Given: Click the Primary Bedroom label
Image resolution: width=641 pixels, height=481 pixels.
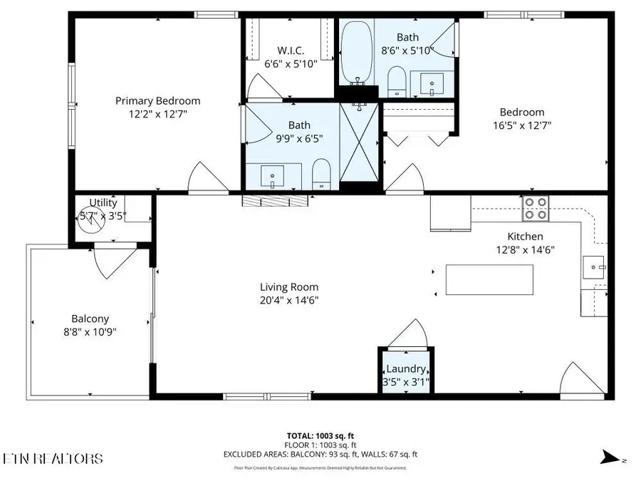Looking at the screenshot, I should (157, 101).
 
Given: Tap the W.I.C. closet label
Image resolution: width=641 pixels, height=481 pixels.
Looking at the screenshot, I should (291, 51).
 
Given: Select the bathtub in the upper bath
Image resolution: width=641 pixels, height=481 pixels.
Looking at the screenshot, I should (354, 52).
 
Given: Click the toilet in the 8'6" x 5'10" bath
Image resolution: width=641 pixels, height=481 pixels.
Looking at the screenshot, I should (397, 81).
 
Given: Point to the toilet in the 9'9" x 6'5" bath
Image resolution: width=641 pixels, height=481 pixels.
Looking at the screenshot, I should (322, 173).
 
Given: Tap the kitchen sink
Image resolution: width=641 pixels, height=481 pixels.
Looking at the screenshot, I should (594, 268).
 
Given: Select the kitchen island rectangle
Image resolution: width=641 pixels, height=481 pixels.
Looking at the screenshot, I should (489, 279).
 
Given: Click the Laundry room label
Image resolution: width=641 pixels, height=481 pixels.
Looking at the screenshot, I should (406, 369).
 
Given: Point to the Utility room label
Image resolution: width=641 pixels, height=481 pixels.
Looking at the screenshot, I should (103, 202).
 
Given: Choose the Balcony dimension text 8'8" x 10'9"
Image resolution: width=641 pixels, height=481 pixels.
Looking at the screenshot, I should (90, 331).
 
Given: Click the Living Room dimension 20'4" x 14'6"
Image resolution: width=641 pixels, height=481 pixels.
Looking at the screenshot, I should (288, 300).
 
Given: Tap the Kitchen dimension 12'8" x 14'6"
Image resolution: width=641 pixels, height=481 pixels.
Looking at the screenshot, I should (525, 249).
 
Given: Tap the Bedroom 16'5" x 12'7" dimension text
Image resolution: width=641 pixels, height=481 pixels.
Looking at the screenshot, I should (521, 125).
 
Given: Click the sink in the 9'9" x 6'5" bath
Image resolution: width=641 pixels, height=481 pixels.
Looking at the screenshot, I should (272, 175).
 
